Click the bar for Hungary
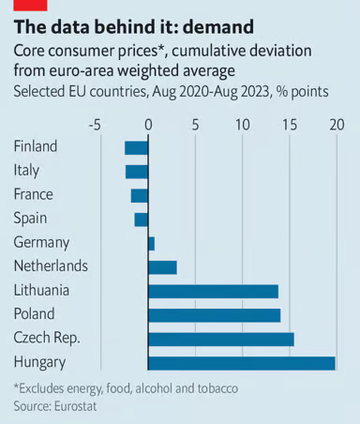242,362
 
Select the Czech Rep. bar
221,339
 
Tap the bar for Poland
215,314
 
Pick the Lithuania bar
214,291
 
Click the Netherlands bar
162,267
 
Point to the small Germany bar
151,243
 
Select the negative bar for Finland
137,147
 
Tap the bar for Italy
137,171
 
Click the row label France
34,194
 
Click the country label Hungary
39,362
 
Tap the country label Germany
41,242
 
